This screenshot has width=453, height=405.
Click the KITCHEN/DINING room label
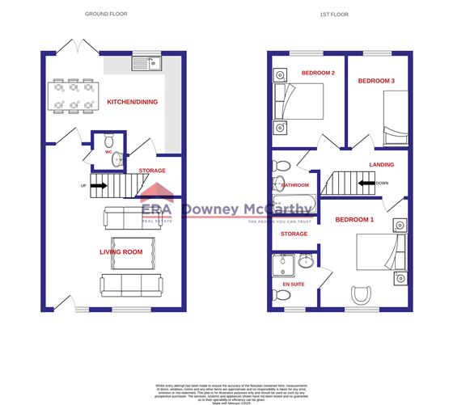click(x=133, y=102)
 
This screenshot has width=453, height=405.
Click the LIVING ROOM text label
click(x=121, y=251)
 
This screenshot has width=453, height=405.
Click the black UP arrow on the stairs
click(x=98, y=185)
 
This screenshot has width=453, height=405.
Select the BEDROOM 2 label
click(x=318, y=74)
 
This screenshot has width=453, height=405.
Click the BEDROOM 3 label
click(x=376, y=81)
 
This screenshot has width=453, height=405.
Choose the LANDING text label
click(x=381, y=165)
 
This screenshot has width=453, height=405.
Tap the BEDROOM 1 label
click(x=354, y=220)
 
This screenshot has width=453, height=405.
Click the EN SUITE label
click(x=294, y=285)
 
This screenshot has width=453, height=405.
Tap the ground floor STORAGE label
click(x=152, y=171)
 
